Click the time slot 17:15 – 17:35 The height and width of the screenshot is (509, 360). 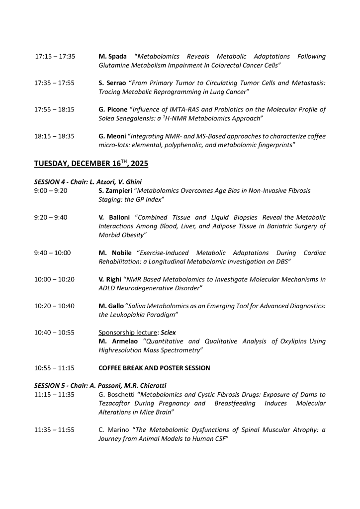[x=55, y=57]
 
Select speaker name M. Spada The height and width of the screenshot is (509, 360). [x=112, y=57]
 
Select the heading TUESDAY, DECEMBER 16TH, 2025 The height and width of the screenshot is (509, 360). [x=91, y=164]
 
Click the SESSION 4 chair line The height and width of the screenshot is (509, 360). [x=88, y=182]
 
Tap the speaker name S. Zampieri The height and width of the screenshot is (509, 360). [x=116, y=190]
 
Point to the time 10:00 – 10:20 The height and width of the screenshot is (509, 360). [x=54, y=279]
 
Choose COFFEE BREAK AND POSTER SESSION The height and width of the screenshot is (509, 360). [x=154, y=368]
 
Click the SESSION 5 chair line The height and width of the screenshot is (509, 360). [x=99, y=386]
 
